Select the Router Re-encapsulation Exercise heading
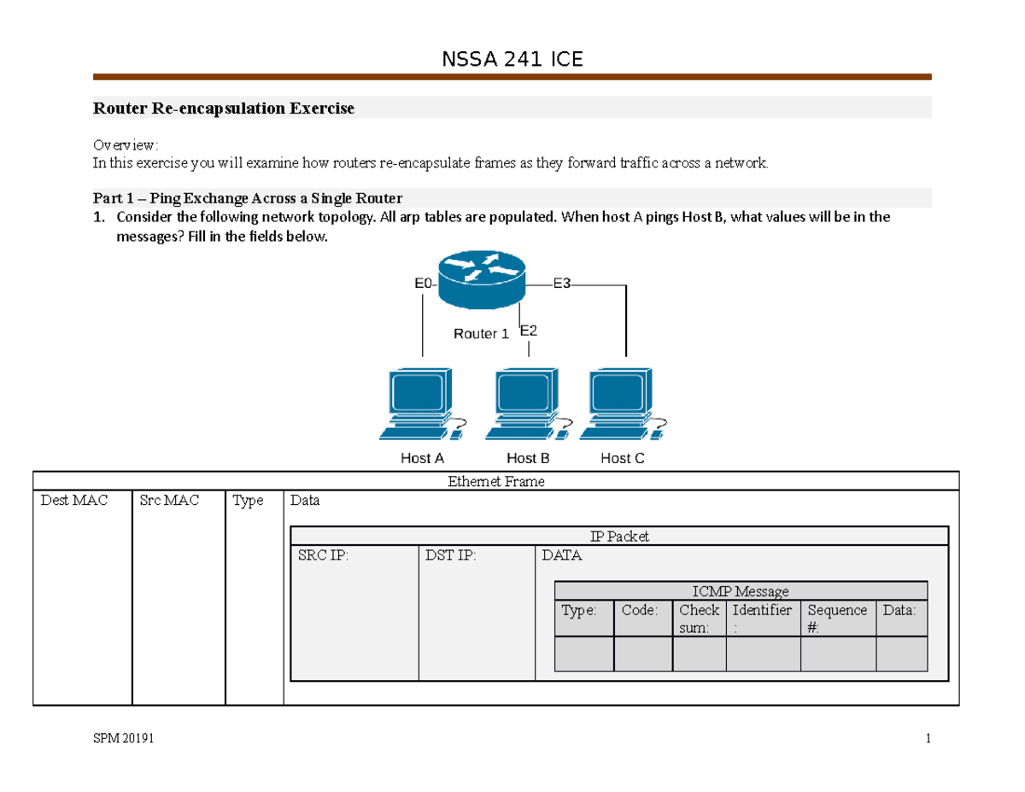[223, 109]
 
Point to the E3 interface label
[561, 284]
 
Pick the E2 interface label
[529, 330]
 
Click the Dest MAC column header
[74, 501]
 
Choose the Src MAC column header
[168, 501]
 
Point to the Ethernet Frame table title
[495, 482]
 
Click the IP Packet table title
[619, 537]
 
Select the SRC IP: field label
[323, 556]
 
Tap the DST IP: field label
[450, 556]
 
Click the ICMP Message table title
[741, 591]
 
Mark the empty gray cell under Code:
[643, 654]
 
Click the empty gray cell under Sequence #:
[838, 654]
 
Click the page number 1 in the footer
[927, 740]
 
